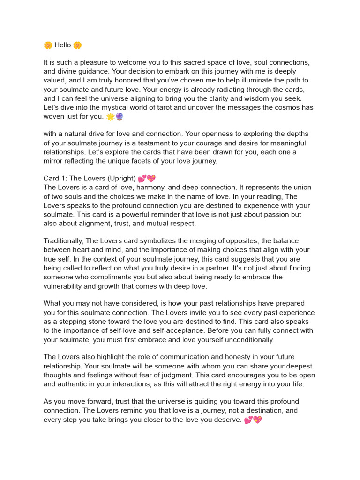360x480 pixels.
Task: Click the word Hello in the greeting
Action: (x=63, y=45)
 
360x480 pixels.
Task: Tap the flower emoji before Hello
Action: (x=48, y=45)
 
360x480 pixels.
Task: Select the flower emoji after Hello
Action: (x=77, y=45)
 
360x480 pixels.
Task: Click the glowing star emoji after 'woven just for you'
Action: (x=110, y=117)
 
